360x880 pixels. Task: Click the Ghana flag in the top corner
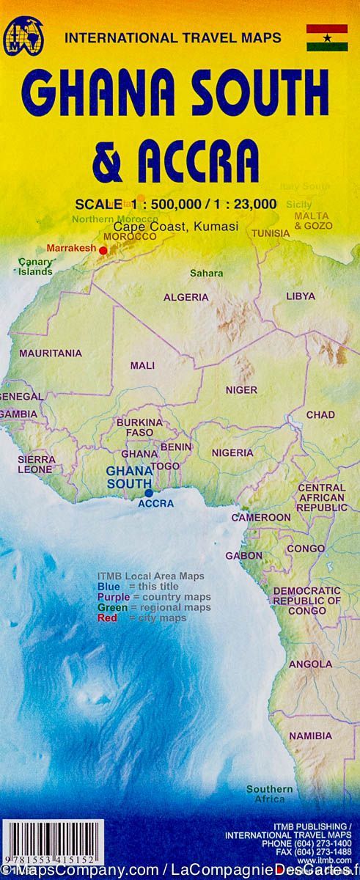pyautogui.click(x=326, y=37)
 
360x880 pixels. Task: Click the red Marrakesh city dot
pyautogui.click(x=103, y=250)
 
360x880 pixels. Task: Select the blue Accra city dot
pyautogui.click(x=149, y=494)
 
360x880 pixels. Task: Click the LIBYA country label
pyautogui.click(x=301, y=296)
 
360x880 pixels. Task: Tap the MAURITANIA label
pyautogui.click(x=51, y=353)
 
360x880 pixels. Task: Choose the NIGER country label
pyautogui.click(x=241, y=390)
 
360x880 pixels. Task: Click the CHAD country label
pyautogui.click(x=320, y=414)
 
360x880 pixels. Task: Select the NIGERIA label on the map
pyautogui.click(x=232, y=452)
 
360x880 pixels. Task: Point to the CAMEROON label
pyautogui.click(x=261, y=517)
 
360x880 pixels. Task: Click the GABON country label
pyautogui.click(x=243, y=555)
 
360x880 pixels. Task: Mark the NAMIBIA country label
pyautogui.click(x=310, y=736)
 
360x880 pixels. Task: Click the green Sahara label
pyautogui.click(x=206, y=273)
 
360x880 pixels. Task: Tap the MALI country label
pyautogui.click(x=142, y=365)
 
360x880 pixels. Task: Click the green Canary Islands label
pyautogui.click(x=35, y=266)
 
